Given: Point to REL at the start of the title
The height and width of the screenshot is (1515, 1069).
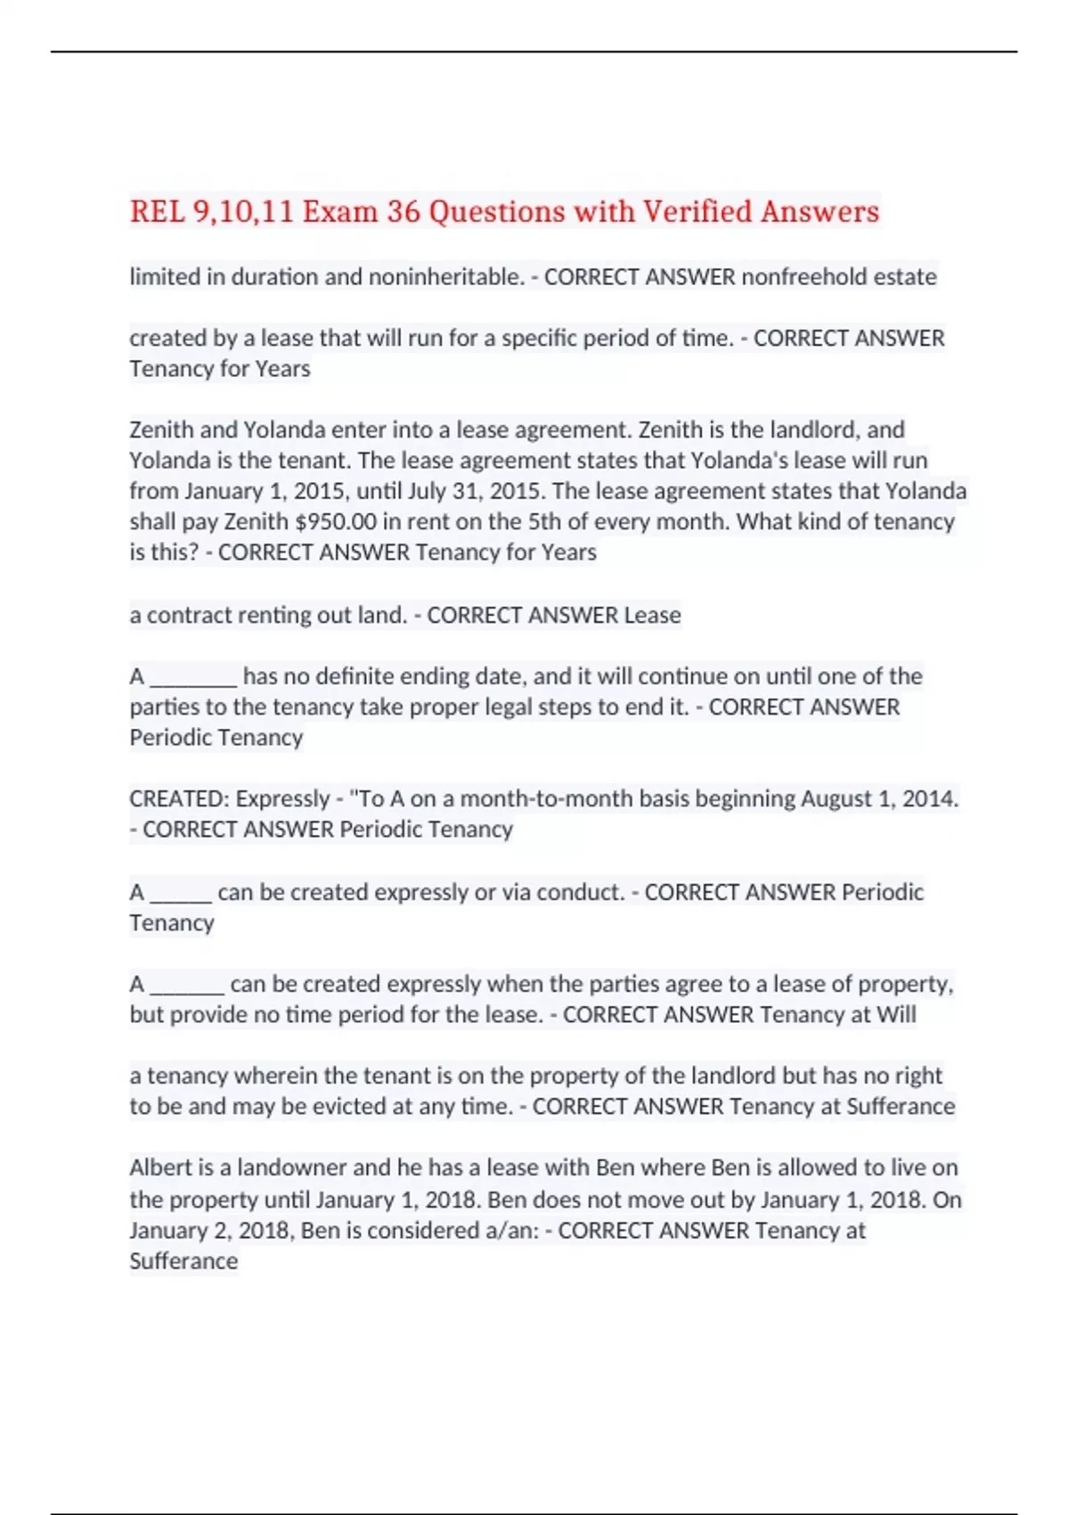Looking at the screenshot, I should click(x=157, y=212).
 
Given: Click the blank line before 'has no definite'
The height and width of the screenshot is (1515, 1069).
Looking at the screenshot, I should click(x=193, y=677).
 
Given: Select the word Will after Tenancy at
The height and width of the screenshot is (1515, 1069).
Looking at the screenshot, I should click(x=896, y=1015).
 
